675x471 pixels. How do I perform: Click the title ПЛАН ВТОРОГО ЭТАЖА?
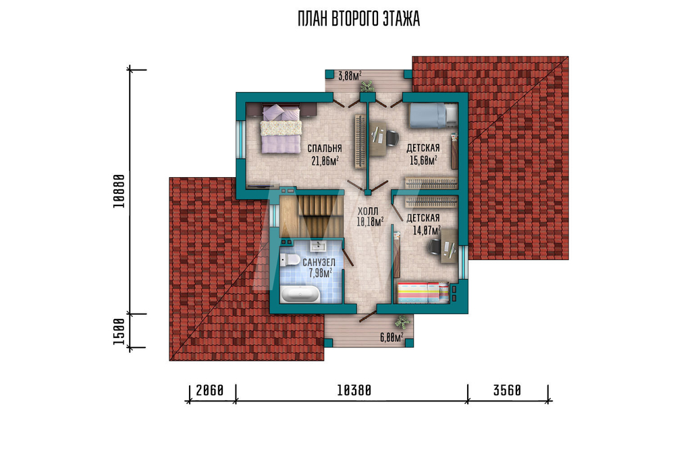tap(358, 20)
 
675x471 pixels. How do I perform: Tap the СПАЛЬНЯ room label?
tap(325, 149)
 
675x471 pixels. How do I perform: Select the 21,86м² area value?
tap(325, 161)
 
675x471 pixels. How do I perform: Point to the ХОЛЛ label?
tap(368, 212)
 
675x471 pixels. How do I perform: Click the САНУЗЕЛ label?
tap(319, 262)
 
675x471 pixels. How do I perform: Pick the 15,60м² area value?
tap(424, 161)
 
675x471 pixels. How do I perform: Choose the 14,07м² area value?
tap(427, 230)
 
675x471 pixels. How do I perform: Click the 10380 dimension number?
tap(354, 391)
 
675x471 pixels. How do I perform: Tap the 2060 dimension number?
tap(210, 391)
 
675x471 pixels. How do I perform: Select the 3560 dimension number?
tap(507, 391)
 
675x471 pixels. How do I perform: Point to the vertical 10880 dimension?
tap(119, 191)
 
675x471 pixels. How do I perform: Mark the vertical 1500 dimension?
tap(119, 331)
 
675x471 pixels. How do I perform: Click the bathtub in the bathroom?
tap(300, 295)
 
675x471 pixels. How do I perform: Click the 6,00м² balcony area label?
tap(391, 337)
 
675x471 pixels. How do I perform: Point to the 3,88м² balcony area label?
tap(350, 76)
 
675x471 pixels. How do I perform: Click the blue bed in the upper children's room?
tap(433, 115)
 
